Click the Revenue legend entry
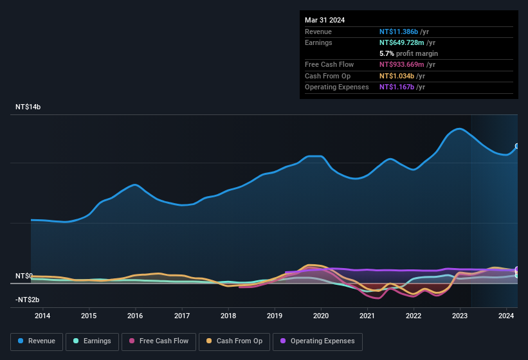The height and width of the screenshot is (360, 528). (36, 341)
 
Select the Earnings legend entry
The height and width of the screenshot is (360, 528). (92, 341)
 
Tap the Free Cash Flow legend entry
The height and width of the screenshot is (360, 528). (159, 341)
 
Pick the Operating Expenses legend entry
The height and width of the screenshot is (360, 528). (317, 341)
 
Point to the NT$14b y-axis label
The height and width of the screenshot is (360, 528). (28, 107)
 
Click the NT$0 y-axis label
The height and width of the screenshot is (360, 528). (23, 276)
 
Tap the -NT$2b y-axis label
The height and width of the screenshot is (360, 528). (28, 300)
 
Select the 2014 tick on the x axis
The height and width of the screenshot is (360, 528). (42, 316)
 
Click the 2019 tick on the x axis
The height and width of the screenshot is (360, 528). (275, 316)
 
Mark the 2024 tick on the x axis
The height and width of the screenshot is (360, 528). (506, 316)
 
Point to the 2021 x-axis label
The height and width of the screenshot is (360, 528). (367, 316)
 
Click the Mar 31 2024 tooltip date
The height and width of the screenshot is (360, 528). (325, 20)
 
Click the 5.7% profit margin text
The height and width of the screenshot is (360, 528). (408, 53)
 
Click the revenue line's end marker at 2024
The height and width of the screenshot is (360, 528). (517, 147)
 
